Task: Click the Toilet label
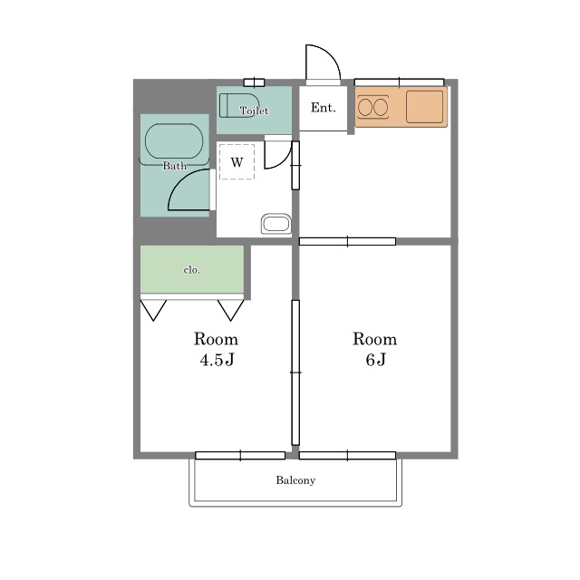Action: point(254,111)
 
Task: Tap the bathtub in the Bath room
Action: point(174,141)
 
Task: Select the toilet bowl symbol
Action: point(239,105)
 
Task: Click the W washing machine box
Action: point(237,162)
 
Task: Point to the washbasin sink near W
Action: point(275,224)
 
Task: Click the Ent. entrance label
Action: point(324,108)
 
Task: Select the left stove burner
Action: point(365,108)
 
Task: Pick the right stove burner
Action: point(381,108)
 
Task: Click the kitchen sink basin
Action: point(425,107)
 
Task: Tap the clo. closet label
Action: point(191,270)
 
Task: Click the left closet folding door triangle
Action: point(153,310)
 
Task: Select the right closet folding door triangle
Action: point(231,310)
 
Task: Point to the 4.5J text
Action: point(217,360)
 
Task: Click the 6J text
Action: point(375,360)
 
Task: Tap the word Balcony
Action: point(295,480)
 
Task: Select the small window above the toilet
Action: point(254,82)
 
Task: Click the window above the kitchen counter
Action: point(399,82)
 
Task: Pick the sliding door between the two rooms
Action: point(295,372)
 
